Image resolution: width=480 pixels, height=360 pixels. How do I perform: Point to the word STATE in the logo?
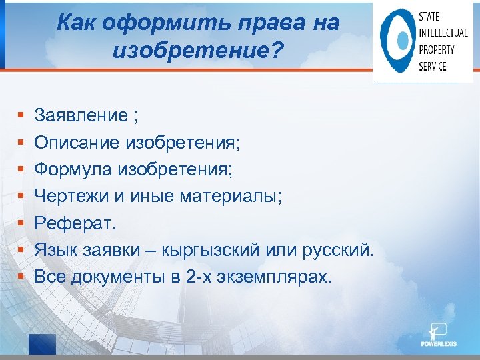point(429,17)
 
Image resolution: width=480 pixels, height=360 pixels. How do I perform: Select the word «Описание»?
point(75,143)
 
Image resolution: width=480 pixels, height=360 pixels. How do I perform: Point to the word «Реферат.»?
point(75,223)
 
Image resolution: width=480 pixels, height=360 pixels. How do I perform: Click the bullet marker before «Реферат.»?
point(22,223)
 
